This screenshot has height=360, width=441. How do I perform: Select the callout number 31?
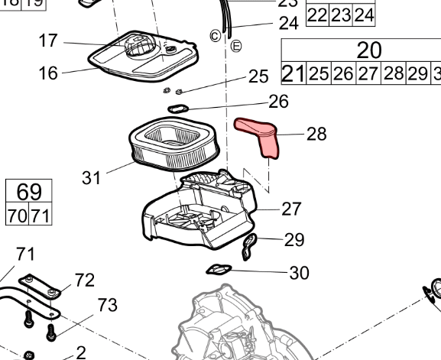[91, 178]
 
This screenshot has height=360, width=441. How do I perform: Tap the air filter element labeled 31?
[173, 144]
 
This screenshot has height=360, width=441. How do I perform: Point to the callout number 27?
[291, 209]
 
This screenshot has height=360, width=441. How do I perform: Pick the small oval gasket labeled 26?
[178, 109]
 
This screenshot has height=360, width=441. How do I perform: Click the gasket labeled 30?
[219, 270]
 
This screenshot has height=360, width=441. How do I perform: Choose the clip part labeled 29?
[249, 247]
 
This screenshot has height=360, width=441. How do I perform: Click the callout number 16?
[48, 73]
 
